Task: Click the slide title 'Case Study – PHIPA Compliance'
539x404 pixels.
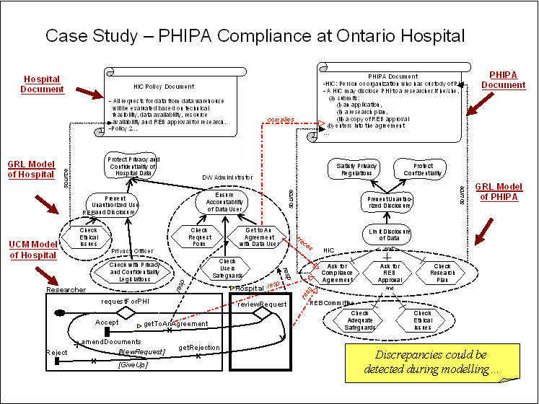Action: pyautogui.click(x=255, y=35)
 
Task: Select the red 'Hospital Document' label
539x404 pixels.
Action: pyautogui.click(x=42, y=84)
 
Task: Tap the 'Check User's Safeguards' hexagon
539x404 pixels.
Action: pyautogui.click(x=227, y=266)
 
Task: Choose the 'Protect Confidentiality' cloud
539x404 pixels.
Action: pyautogui.click(x=413, y=171)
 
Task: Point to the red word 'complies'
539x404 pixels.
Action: pyautogui.click(x=280, y=120)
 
